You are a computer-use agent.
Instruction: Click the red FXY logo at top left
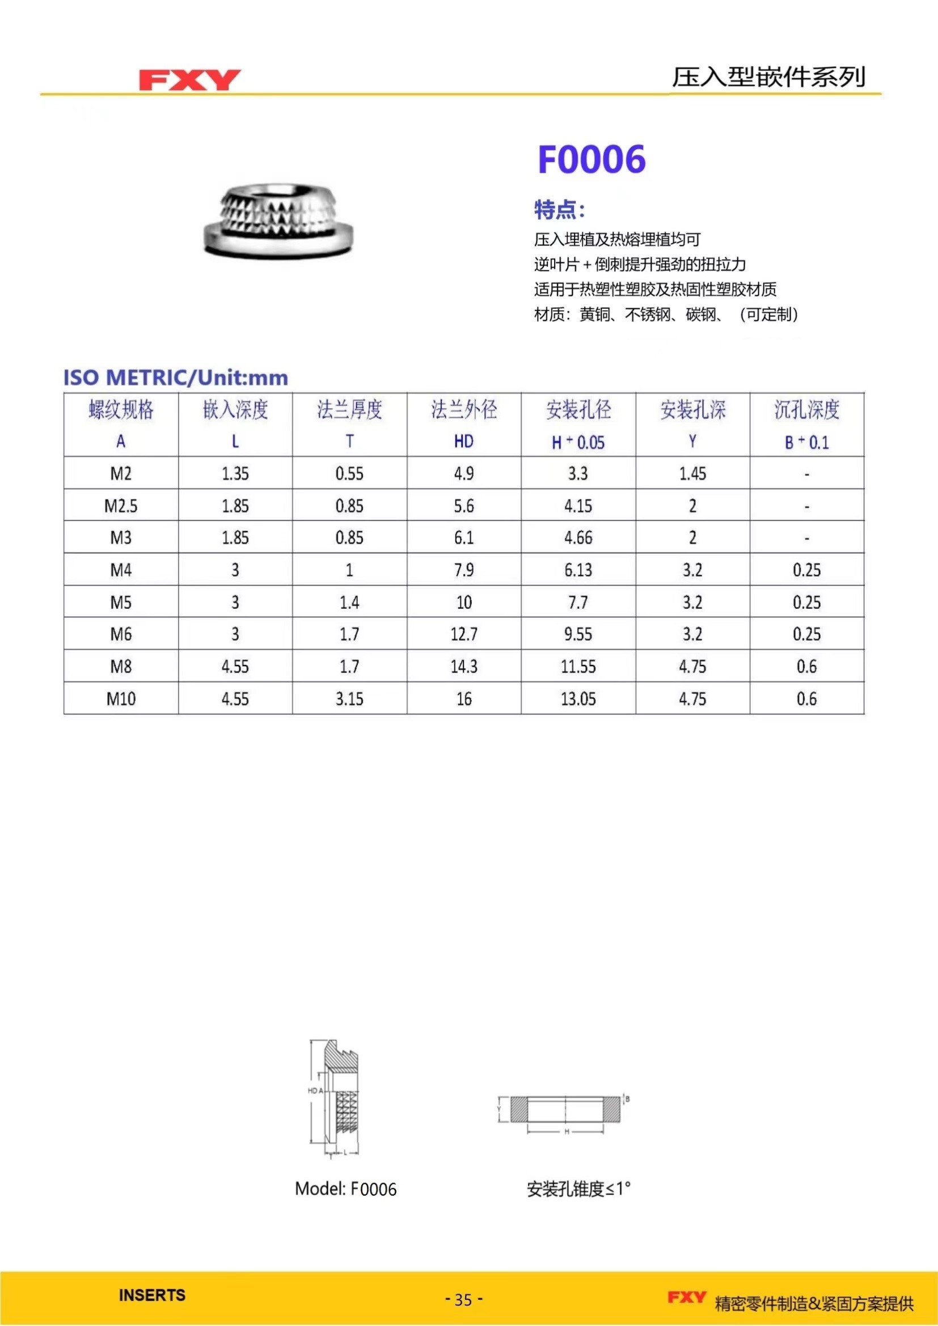(x=189, y=80)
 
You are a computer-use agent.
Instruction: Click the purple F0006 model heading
(x=591, y=159)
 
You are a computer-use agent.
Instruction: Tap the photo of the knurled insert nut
(x=278, y=220)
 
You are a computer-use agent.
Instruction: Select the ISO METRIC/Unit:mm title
(x=176, y=378)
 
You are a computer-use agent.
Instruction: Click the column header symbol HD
(x=464, y=442)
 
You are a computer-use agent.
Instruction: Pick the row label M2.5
(x=121, y=506)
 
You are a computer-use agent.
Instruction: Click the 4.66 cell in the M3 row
(x=578, y=537)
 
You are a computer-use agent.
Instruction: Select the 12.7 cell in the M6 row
(x=464, y=634)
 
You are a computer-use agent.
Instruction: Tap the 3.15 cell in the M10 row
(x=349, y=699)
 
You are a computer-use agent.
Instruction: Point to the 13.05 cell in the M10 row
(x=578, y=699)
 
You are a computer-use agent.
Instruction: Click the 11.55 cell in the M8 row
(x=578, y=667)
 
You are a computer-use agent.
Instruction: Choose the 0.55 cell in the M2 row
(x=349, y=473)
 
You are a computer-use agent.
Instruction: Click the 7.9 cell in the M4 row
(x=464, y=570)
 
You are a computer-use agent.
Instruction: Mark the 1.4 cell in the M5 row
(x=349, y=603)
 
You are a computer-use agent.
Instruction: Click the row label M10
(x=121, y=699)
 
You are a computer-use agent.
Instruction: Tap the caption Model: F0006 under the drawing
(x=345, y=1189)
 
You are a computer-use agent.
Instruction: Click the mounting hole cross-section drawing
(x=566, y=1109)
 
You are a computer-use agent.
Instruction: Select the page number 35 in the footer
(x=464, y=1299)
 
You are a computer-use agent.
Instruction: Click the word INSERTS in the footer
(x=152, y=1295)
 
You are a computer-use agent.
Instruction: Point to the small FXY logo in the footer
(x=686, y=1297)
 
